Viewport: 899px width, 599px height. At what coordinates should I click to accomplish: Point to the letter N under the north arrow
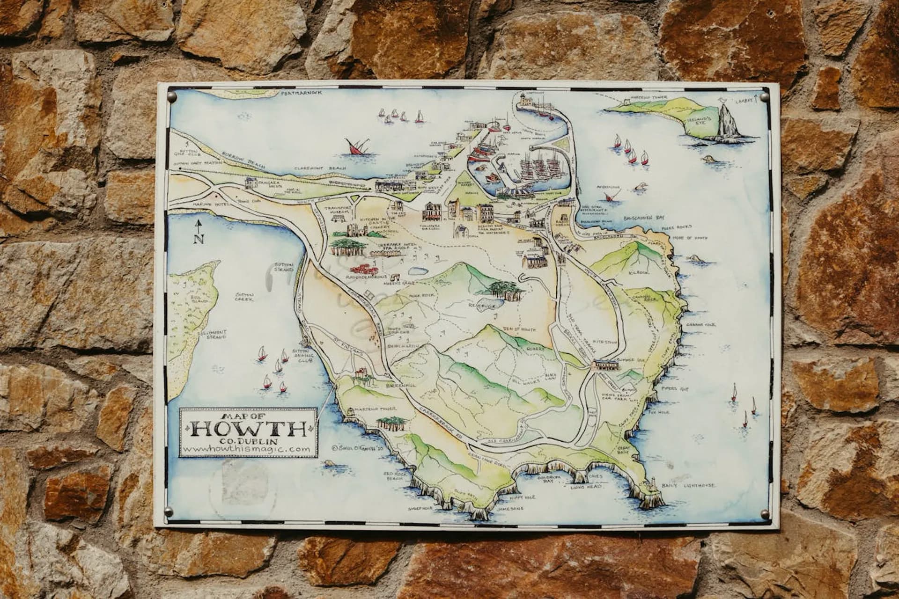[199, 240]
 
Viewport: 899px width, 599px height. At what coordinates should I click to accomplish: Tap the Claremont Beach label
[320, 168]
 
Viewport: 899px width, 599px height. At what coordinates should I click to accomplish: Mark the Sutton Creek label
[244, 297]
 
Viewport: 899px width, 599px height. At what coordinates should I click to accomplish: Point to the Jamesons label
[510, 508]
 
